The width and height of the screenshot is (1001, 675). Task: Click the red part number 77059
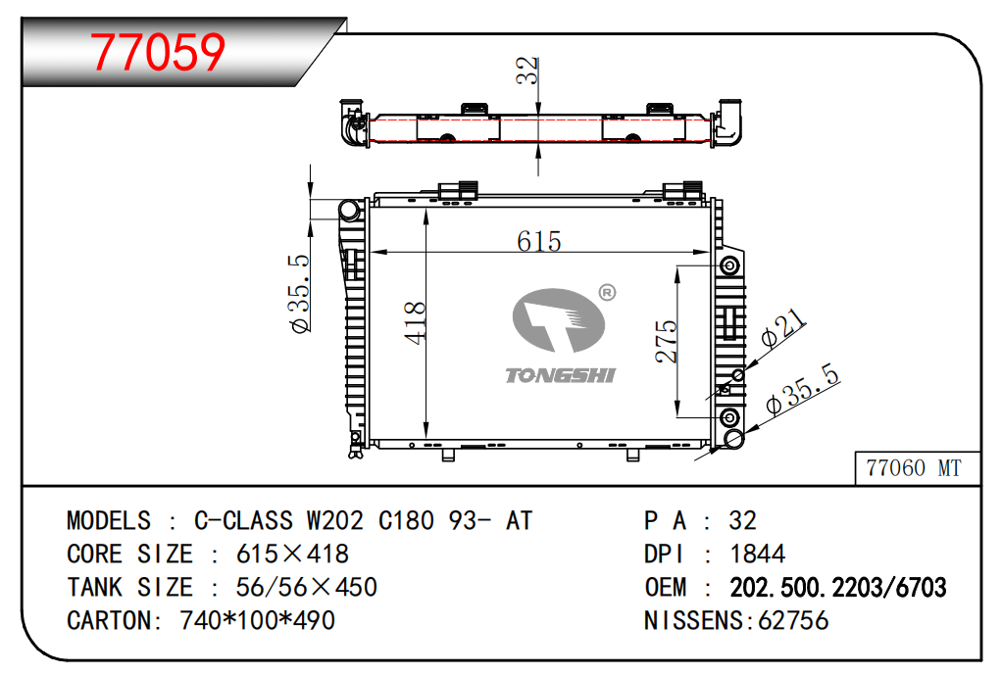pyautogui.click(x=158, y=52)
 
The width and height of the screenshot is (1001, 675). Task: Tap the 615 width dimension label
pyautogui.click(x=539, y=241)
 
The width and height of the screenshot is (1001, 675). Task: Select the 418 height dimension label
pyautogui.click(x=415, y=323)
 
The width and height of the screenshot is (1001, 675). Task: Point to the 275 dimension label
pyautogui.click(x=665, y=342)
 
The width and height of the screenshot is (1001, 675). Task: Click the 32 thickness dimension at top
pyautogui.click(x=527, y=71)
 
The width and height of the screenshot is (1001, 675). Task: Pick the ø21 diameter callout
pyautogui.click(x=783, y=328)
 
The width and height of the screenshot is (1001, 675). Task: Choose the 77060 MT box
pyautogui.click(x=918, y=468)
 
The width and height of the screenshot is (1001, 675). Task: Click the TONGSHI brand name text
pyautogui.click(x=560, y=375)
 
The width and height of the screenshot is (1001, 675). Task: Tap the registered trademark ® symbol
pyautogui.click(x=607, y=292)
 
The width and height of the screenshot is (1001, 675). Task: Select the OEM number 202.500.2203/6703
pyautogui.click(x=837, y=588)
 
